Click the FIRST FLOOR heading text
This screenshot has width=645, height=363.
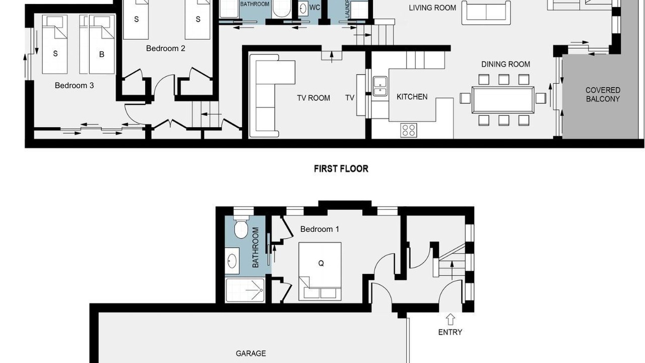[x=341, y=168]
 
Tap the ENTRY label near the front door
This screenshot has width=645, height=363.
[x=450, y=332]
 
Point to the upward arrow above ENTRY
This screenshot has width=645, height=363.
[x=450, y=320]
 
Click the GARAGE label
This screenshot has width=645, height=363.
[x=251, y=353]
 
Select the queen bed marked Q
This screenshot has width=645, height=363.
[x=320, y=271]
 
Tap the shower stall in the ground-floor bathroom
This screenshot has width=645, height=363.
[x=245, y=290]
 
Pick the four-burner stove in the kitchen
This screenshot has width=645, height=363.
[x=409, y=130]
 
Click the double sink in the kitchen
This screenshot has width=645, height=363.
[x=380, y=86]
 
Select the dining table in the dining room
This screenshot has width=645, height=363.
[x=503, y=100]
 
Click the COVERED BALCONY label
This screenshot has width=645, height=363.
[x=603, y=94]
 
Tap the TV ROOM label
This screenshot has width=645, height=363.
[x=313, y=98]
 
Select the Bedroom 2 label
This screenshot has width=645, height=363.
[x=166, y=48]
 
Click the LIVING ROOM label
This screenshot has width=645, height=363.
[x=432, y=8]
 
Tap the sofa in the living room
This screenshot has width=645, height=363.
[x=486, y=13]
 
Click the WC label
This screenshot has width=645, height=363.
[x=315, y=8]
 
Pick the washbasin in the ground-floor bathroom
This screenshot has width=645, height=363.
[x=232, y=261]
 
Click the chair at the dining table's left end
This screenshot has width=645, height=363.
[x=465, y=98]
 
